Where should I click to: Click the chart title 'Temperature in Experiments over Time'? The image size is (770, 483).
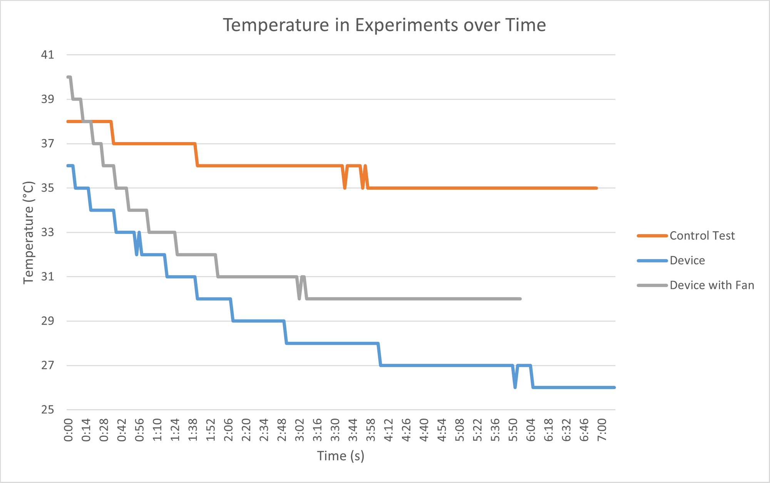point(384,25)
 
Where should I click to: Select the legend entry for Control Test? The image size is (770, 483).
point(702,236)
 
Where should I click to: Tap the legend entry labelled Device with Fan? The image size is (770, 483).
point(711,285)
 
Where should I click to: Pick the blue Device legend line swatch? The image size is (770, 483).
point(652,261)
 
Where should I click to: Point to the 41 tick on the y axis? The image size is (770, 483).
point(47,55)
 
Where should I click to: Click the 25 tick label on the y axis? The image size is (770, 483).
point(47,410)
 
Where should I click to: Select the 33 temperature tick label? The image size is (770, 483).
point(47,232)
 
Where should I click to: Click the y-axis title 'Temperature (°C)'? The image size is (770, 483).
point(29,232)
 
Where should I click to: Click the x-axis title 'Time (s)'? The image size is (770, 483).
point(341,456)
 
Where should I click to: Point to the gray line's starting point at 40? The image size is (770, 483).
point(68,77)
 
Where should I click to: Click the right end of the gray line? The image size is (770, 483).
point(520,299)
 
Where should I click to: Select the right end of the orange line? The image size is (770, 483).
point(596,188)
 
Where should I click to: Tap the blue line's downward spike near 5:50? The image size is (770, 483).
point(515,387)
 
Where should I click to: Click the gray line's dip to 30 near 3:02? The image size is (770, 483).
point(300,298)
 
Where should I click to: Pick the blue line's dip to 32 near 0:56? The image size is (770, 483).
point(137,254)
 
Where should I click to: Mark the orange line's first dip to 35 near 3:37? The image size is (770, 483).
point(345,187)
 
